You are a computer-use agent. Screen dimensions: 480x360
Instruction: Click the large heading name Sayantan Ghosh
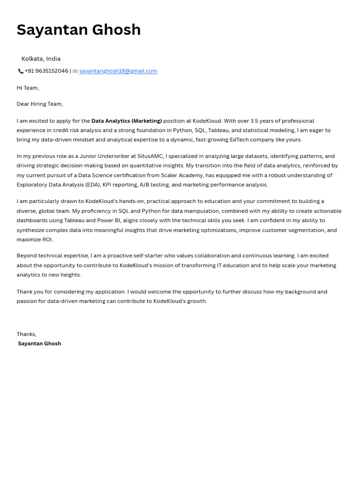point(79,30)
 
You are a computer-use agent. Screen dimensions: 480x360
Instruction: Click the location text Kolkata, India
point(41,59)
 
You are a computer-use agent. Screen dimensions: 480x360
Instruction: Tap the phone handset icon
point(21,71)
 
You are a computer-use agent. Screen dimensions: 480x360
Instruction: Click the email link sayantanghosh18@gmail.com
point(118,71)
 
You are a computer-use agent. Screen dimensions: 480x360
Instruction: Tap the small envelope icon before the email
point(75,71)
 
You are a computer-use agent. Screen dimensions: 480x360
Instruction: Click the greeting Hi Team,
point(28,88)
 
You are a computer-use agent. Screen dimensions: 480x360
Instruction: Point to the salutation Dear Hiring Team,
point(40,104)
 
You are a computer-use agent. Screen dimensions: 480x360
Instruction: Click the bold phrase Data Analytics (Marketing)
point(127,121)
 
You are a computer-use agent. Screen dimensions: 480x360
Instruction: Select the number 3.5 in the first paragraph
point(255,121)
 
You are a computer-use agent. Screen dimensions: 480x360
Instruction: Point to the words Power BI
point(109,220)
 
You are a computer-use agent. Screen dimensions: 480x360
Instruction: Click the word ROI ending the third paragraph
point(47,240)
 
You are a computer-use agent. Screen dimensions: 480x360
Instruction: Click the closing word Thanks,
point(26,334)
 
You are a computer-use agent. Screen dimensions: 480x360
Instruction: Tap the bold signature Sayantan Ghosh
point(39,344)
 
